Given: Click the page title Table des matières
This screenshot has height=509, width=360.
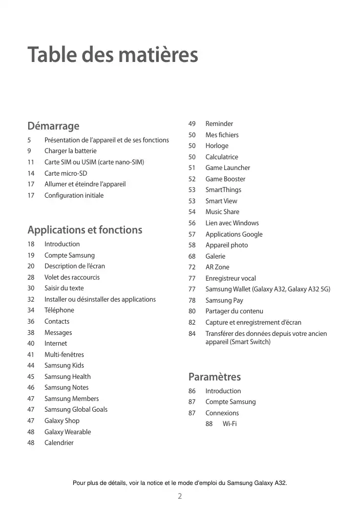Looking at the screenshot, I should pyautogui.click(x=113, y=55).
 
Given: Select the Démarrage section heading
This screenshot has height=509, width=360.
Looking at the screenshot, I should pyautogui.click(x=53, y=125).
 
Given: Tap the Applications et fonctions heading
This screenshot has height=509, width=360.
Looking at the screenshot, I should pyautogui.click(x=84, y=230).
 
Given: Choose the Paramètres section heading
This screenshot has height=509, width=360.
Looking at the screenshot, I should pyautogui.click(x=215, y=377).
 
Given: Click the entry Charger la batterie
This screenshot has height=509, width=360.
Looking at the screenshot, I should pyautogui.click(x=70, y=151).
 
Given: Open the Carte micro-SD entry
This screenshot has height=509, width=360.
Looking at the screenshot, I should pyautogui.click(x=66, y=173).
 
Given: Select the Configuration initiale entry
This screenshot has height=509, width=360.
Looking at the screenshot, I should pyautogui.click(x=74, y=195).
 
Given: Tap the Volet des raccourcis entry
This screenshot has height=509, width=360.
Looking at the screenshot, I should pyautogui.click(x=72, y=277).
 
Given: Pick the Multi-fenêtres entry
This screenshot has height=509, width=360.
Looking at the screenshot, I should pyautogui.click(x=64, y=354).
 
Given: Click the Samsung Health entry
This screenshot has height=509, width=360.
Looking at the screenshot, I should pyautogui.click(x=68, y=376).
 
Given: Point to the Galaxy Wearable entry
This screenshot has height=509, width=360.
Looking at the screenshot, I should pyautogui.click(x=68, y=432).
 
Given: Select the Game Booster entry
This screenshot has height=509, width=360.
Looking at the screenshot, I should pyautogui.click(x=225, y=179).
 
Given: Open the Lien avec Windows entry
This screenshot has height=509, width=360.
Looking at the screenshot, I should pyautogui.click(x=232, y=223).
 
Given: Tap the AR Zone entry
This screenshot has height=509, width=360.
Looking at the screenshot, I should pyautogui.click(x=217, y=267).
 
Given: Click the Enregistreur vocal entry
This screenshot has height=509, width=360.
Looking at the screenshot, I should pyautogui.click(x=230, y=278).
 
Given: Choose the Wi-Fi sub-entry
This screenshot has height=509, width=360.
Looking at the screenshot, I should pyautogui.click(x=229, y=423).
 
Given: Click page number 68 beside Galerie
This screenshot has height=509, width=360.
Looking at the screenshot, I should pyautogui.click(x=192, y=256).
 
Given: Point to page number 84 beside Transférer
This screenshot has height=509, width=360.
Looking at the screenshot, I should pyautogui.click(x=192, y=334).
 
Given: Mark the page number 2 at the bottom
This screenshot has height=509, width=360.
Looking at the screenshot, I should pyautogui.click(x=180, y=496).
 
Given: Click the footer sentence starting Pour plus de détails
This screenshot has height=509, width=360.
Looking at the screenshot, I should pyautogui.click(x=180, y=483).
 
